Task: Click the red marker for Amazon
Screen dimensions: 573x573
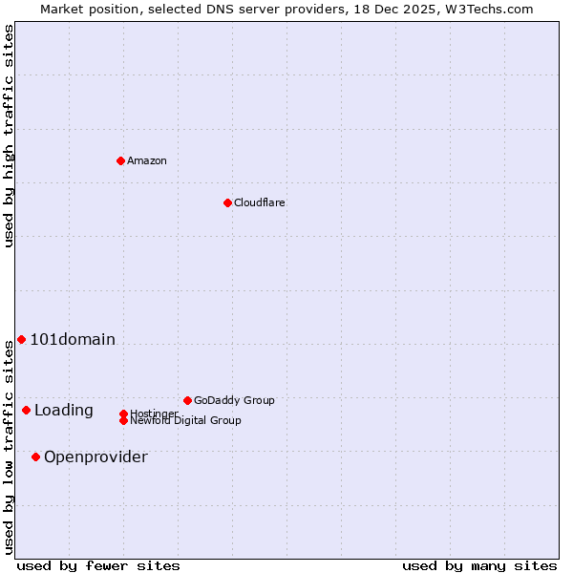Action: [120, 160]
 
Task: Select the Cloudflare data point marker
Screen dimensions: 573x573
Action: [227, 202]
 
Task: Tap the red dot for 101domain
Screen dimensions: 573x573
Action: [21, 339]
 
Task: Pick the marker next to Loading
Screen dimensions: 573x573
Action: [26, 410]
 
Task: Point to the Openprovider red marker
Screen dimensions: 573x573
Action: [35, 456]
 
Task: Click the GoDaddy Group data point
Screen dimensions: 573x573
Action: [187, 400]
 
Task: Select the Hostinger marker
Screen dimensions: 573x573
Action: [123, 414]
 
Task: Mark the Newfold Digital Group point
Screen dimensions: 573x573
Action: [123, 420]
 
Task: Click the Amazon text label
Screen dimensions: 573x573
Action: [147, 160]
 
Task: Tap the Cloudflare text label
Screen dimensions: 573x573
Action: [260, 202]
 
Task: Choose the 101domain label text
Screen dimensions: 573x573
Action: [73, 339]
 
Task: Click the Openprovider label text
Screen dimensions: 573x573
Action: [95, 456]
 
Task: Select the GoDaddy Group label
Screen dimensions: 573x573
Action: [234, 400]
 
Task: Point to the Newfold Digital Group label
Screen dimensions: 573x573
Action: [186, 421]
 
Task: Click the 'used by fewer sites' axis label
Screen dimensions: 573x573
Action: [98, 565]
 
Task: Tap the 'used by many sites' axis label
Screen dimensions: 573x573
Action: [479, 565]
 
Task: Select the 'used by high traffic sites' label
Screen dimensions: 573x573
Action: [10, 136]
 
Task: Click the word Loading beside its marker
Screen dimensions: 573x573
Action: [64, 411]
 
